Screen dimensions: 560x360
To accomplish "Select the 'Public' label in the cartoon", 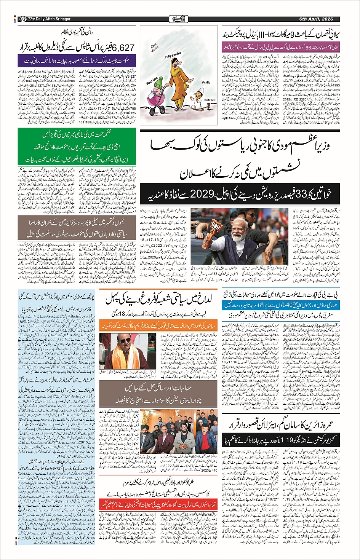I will point(206,82).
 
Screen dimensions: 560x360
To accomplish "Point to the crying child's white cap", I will point(197,92).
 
